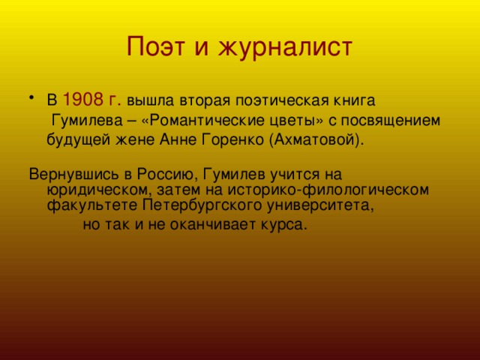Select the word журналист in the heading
coord(285,48)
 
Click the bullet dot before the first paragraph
coord(31,97)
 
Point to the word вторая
coord(205,101)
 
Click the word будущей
coord(78,140)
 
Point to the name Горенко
coord(233,140)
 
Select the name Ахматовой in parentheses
coord(315,141)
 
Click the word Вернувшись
coord(73,175)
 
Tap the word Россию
coord(165,175)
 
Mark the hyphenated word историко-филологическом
coord(328,190)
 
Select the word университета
coord(320,205)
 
